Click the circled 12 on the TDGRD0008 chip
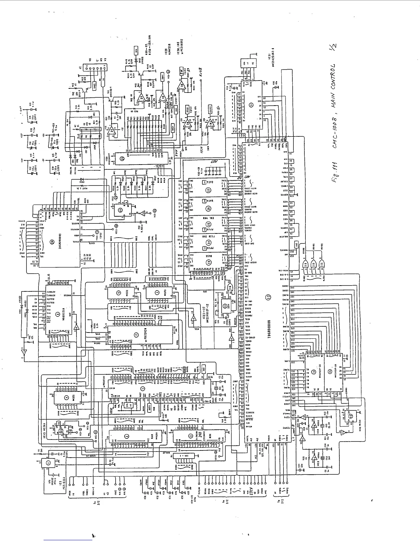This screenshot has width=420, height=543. click(269, 297)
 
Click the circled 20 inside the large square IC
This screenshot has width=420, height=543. click(52, 241)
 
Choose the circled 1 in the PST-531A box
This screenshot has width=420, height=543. click(48, 463)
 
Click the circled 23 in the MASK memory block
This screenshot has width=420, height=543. click(208, 263)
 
